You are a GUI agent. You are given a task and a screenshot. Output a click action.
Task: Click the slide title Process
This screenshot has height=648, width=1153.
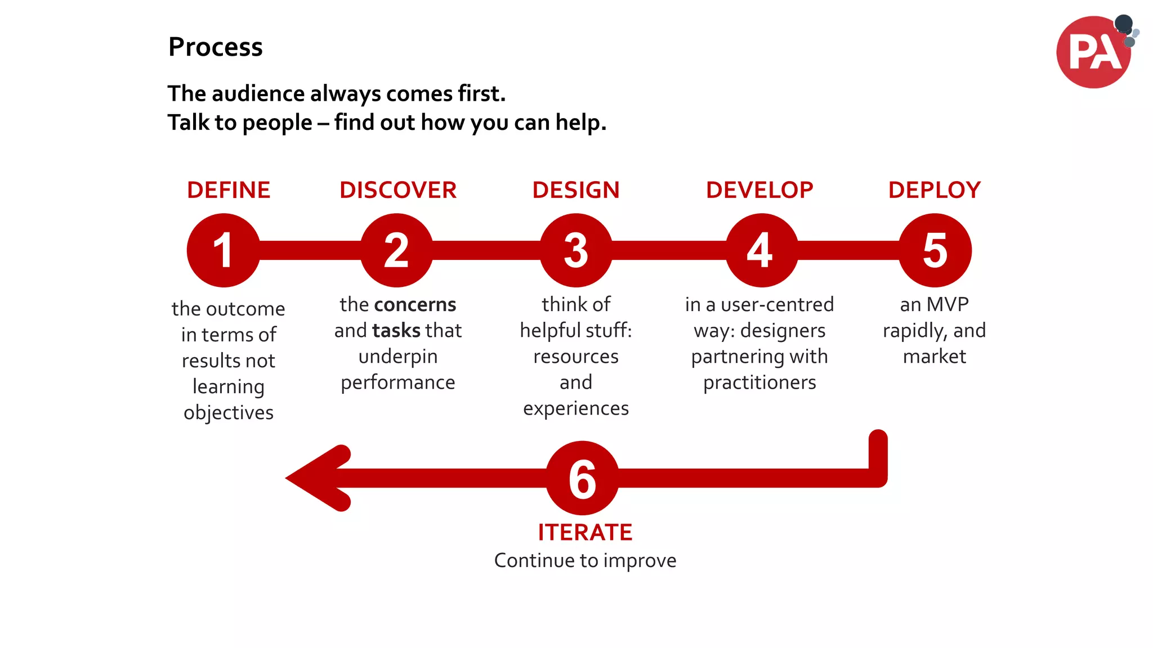215,47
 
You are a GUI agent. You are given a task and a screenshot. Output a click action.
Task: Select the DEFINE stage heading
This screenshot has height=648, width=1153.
229,190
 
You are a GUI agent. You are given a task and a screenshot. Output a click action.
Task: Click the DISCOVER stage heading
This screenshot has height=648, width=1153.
398,190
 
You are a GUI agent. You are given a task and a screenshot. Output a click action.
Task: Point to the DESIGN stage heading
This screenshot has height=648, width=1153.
576,190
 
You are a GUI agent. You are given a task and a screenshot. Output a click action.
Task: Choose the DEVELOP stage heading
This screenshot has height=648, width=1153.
759,190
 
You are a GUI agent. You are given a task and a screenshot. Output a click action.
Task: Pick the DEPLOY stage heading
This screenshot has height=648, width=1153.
935,190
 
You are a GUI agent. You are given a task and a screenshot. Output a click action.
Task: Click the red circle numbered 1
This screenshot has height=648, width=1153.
224,250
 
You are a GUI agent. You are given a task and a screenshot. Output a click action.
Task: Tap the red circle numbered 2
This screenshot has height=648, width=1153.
396,250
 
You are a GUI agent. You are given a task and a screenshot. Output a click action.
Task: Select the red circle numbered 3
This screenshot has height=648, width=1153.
576,250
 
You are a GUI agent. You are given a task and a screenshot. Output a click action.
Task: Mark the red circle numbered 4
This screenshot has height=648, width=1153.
761,250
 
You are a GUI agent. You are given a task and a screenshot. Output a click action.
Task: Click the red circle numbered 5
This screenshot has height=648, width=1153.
935,250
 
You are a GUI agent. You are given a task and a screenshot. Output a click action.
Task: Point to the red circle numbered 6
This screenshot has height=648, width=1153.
582,478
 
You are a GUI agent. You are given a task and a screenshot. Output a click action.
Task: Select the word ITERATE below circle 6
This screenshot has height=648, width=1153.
585,532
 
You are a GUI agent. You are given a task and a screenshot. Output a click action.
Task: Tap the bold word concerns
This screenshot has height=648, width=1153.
415,304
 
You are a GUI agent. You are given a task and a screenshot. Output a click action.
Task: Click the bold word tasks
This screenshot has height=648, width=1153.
396,330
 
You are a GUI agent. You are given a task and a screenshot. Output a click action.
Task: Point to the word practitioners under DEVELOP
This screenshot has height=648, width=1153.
759,382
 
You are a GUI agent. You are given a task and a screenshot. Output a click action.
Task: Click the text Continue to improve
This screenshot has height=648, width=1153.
585,560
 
